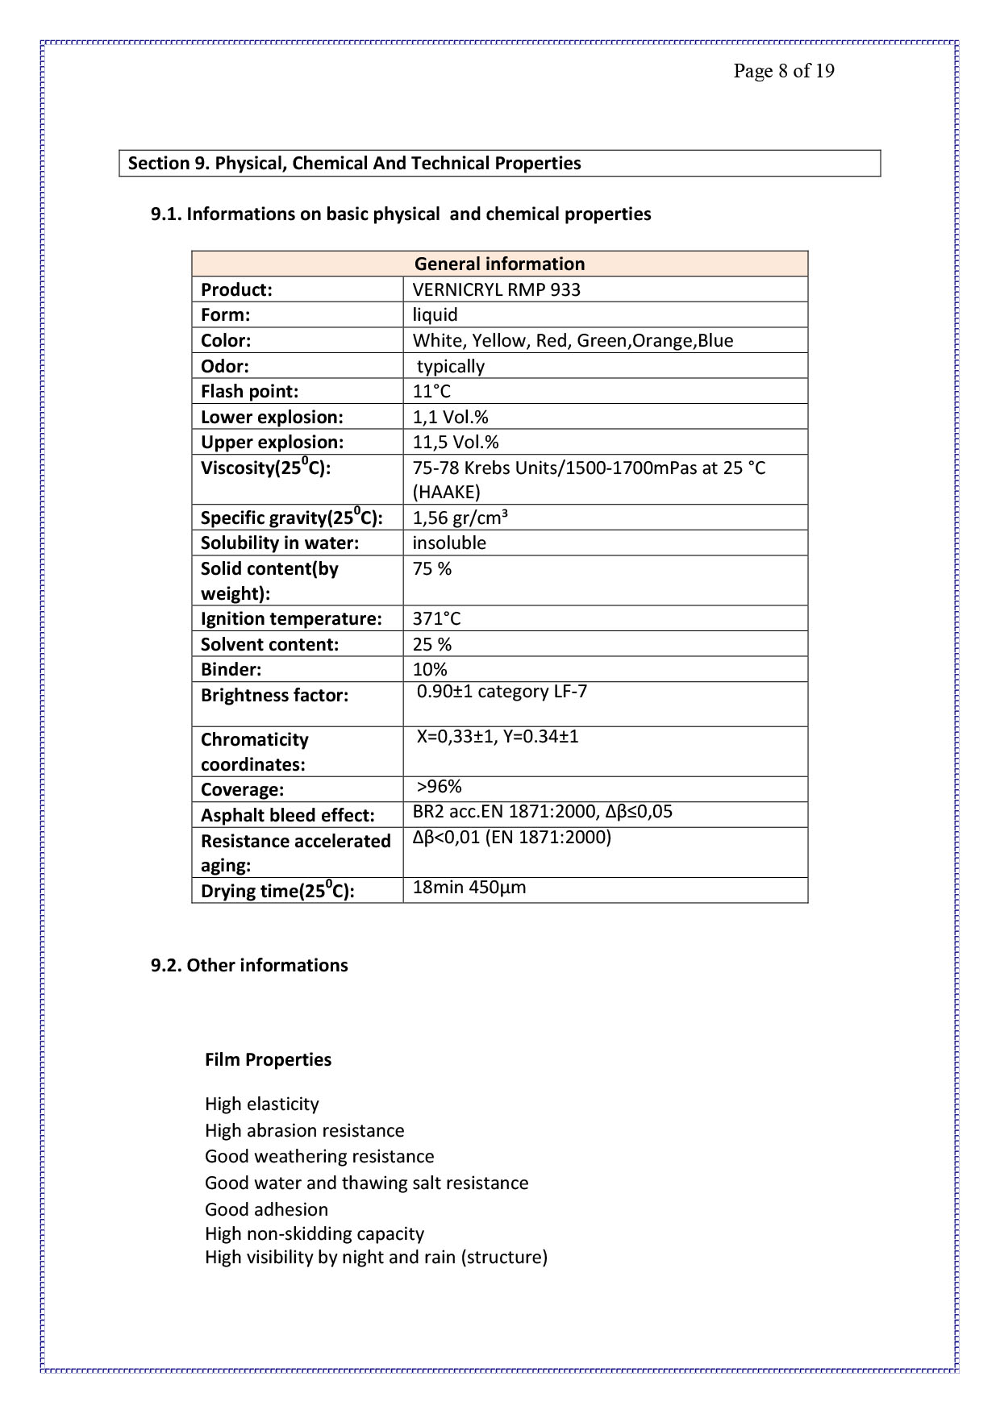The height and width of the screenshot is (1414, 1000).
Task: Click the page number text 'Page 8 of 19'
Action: point(783,71)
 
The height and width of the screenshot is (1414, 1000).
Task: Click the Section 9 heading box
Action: point(499,163)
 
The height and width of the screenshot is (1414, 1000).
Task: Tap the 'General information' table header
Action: point(499,264)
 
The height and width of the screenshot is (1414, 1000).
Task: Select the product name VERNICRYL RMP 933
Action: point(496,289)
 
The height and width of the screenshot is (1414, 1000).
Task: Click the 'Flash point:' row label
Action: point(249,392)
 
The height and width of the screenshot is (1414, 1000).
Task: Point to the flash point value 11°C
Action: point(431,392)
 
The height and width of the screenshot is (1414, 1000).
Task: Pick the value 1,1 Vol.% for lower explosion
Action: point(450,417)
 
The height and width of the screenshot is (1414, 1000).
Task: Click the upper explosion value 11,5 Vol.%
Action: point(455,442)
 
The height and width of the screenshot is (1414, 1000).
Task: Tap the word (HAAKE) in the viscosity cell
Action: point(446,492)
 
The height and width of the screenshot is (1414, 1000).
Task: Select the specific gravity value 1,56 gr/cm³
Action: point(460,518)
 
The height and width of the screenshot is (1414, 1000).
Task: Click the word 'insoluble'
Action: point(449,543)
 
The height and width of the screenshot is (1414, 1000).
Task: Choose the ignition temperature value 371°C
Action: point(436,618)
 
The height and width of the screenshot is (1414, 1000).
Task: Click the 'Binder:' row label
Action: point(231,669)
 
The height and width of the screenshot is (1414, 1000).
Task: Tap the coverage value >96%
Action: point(439,787)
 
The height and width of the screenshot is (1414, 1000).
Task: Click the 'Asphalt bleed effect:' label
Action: point(287,815)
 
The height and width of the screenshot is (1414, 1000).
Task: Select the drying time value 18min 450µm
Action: point(469,888)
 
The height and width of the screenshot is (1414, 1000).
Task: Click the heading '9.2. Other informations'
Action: point(249,965)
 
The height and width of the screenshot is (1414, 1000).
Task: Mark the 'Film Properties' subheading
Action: point(268,1059)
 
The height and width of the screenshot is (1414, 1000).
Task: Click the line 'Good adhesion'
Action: point(266,1209)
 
